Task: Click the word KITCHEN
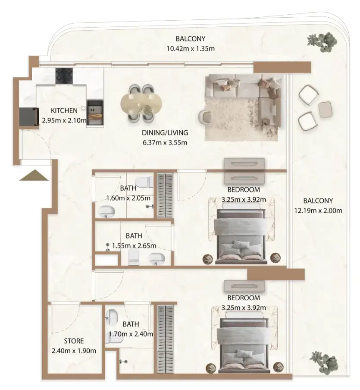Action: [x=64, y=110]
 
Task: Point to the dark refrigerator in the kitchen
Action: [x=29, y=116]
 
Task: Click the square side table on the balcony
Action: [x=325, y=110]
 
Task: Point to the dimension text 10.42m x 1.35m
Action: [x=191, y=48]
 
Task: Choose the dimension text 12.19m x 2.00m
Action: [x=318, y=211]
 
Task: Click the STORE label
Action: [x=73, y=341]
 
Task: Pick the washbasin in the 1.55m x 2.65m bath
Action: [x=157, y=258]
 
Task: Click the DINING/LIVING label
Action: [x=165, y=133]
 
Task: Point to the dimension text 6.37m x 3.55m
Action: [x=165, y=142]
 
